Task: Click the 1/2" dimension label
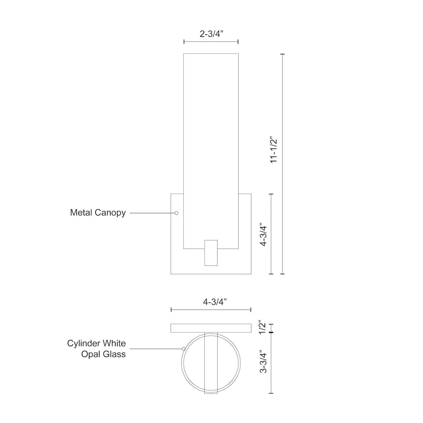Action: [262, 327]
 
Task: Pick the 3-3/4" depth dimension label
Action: [262, 361]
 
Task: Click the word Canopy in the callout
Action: [110, 213]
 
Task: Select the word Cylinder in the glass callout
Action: [83, 343]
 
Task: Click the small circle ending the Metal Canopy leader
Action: [177, 213]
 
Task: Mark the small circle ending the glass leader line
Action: [183, 349]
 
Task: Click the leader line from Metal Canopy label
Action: [152, 213]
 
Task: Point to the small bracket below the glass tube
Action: [211, 252]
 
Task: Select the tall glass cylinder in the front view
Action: [211, 141]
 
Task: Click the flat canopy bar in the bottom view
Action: [211, 328]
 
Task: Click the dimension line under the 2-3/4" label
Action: [211, 42]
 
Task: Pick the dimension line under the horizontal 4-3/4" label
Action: [211, 309]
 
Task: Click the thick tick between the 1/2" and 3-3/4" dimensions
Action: [271, 332]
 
